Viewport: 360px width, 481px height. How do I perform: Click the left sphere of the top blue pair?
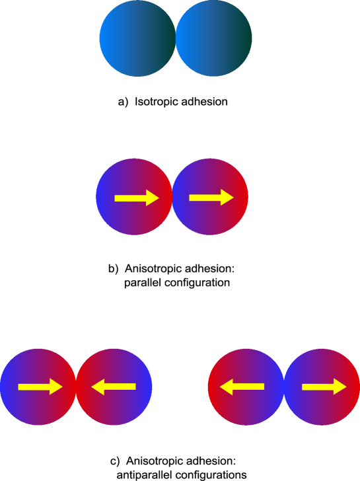tap(137, 38)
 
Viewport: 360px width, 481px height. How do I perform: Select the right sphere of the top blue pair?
tap(213, 38)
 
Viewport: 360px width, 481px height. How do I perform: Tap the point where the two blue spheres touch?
tap(175, 38)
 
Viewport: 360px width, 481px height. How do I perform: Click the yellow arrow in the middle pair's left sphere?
tap(135, 198)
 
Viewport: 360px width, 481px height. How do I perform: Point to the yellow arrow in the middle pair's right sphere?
tap(210, 197)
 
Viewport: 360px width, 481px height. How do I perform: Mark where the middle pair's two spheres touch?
tap(172, 197)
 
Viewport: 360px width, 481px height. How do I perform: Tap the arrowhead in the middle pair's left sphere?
tap(152, 198)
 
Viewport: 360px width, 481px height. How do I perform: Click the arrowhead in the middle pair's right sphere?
tap(227, 197)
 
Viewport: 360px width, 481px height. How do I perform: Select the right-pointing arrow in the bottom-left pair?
tap(39, 387)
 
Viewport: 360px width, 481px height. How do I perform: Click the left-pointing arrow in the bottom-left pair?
tap(114, 387)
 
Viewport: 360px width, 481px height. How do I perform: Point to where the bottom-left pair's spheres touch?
tap(76, 387)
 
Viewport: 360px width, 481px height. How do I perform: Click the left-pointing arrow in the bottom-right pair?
tap(242, 387)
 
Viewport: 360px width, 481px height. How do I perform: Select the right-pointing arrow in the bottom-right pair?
tap(324, 387)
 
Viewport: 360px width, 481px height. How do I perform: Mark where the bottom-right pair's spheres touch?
tap(284, 387)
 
